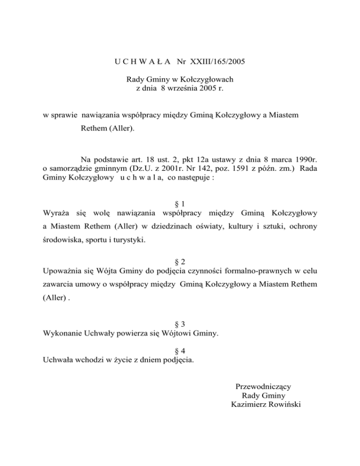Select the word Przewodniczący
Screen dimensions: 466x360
[x=264, y=387]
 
